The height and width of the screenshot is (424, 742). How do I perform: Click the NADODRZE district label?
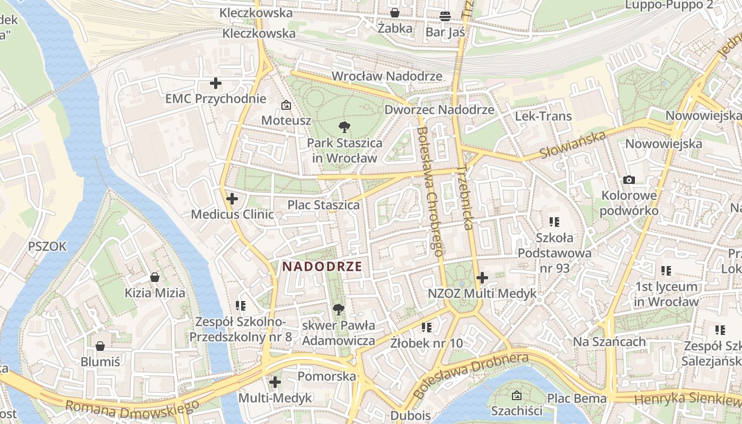click(322, 267)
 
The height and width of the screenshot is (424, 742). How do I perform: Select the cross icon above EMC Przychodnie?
click(216, 83)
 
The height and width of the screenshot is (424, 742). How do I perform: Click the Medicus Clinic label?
click(232, 215)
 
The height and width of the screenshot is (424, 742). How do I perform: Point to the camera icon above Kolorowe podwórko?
click(629, 180)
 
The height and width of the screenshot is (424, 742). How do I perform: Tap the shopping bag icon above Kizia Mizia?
click(155, 277)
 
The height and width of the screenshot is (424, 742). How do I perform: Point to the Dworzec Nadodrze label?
click(439, 110)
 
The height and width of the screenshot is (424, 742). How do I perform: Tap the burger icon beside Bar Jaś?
click(445, 16)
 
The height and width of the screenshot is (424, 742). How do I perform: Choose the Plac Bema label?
click(577, 398)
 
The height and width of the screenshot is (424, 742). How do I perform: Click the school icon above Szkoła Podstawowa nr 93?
click(554, 222)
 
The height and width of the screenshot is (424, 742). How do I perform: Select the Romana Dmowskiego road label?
click(132, 409)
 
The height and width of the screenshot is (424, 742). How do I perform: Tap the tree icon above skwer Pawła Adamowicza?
click(338, 310)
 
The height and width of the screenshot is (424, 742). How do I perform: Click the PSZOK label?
click(48, 246)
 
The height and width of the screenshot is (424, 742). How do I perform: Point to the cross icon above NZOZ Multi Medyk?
click(482, 277)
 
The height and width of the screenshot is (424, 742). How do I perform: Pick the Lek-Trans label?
click(543, 116)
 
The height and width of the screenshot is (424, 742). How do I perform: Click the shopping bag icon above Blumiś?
click(100, 346)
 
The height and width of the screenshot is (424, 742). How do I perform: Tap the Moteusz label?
click(286, 120)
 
